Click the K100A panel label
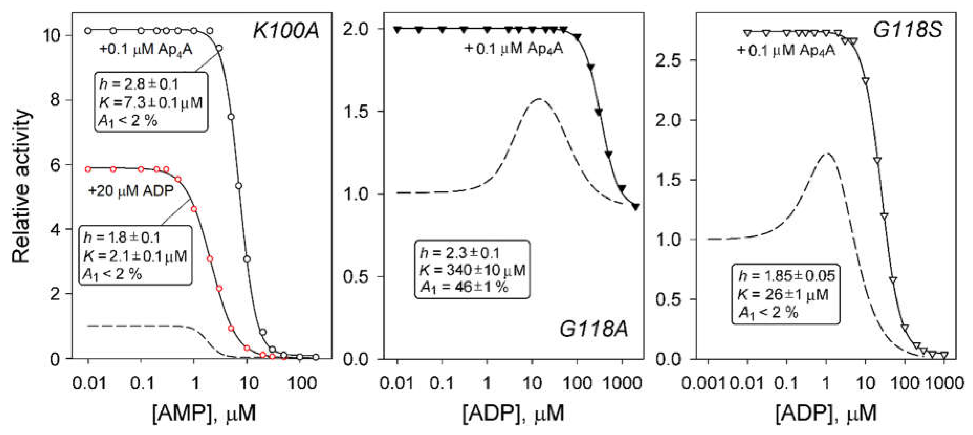[286, 31]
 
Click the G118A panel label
[593, 329]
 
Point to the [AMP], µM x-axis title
[204, 413]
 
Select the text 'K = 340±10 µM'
[472, 270]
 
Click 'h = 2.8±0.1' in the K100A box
[139, 84]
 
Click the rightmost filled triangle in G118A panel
[636, 207]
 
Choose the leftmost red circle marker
[88, 169]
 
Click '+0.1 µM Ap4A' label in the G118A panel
[514, 49]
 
